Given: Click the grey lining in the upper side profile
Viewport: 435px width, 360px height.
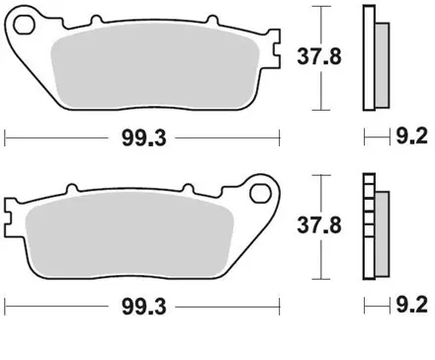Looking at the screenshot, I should [x=378, y=59].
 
